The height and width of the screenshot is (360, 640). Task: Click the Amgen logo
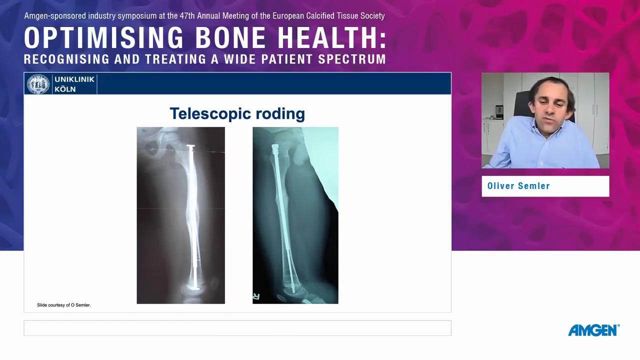tap(593, 330)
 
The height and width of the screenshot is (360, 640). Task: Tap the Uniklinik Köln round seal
tap(38, 84)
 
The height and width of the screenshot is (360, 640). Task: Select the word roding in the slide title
tap(280, 113)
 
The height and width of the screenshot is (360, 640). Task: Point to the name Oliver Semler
tap(518, 186)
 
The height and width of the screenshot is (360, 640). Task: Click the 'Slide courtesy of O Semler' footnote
tap(64, 305)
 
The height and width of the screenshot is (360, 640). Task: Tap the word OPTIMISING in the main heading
tap(103, 37)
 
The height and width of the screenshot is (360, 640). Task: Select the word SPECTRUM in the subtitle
tap(352, 59)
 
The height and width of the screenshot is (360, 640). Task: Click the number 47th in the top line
tap(187, 15)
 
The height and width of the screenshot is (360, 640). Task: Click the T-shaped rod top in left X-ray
tap(191, 148)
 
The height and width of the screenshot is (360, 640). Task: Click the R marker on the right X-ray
tap(256, 296)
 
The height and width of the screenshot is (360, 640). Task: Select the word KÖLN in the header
tap(65, 89)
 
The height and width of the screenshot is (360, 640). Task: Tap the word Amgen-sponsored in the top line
tap(55, 15)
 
